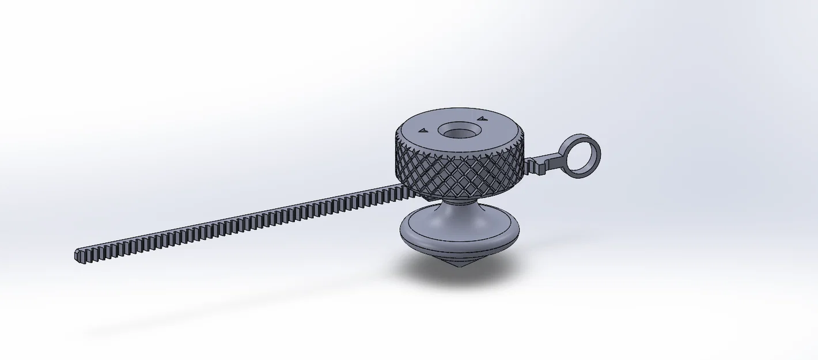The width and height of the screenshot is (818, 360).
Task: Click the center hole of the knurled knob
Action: [x=459, y=132]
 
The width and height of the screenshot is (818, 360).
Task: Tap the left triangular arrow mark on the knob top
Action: [x=423, y=131]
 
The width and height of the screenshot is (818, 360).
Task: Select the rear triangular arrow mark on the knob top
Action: [x=479, y=119]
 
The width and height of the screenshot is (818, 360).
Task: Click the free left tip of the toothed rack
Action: [x=78, y=255]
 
